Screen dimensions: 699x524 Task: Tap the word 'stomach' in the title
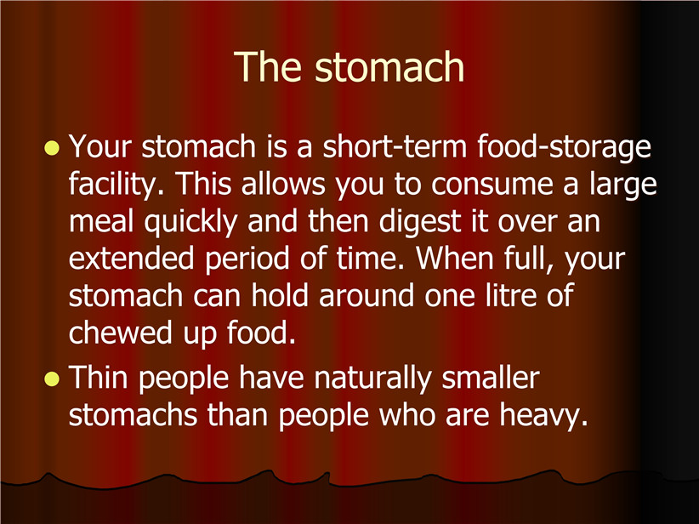[x=389, y=67]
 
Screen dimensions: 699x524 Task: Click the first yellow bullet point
[x=52, y=148]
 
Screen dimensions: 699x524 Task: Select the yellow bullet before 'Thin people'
[x=52, y=379]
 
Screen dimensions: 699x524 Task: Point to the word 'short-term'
[x=395, y=146]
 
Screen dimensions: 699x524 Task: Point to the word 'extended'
[x=132, y=259]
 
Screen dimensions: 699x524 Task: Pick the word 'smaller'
[x=491, y=378]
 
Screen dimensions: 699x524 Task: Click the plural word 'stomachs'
[x=133, y=415]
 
